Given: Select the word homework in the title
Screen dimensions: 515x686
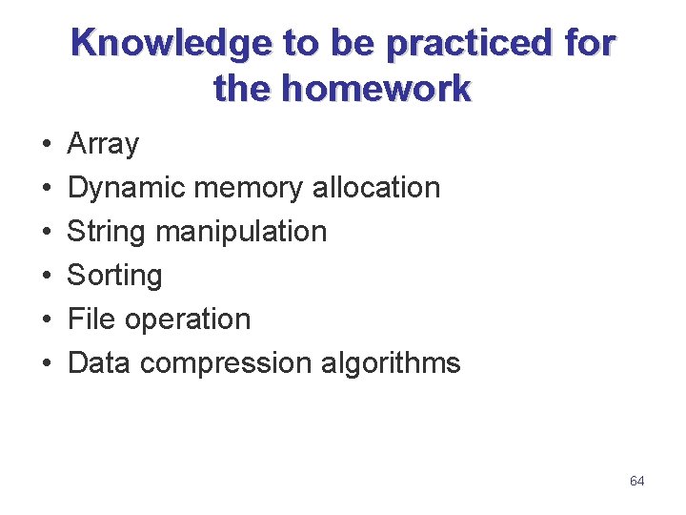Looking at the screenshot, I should click(x=376, y=90).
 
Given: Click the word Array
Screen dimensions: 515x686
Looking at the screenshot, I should click(x=103, y=145).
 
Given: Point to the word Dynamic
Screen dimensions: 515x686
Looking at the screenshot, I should click(x=127, y=188).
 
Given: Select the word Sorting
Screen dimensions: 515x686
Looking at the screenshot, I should click(x=114, y=276).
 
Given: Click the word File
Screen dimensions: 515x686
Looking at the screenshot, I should click(x=92, y=319).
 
